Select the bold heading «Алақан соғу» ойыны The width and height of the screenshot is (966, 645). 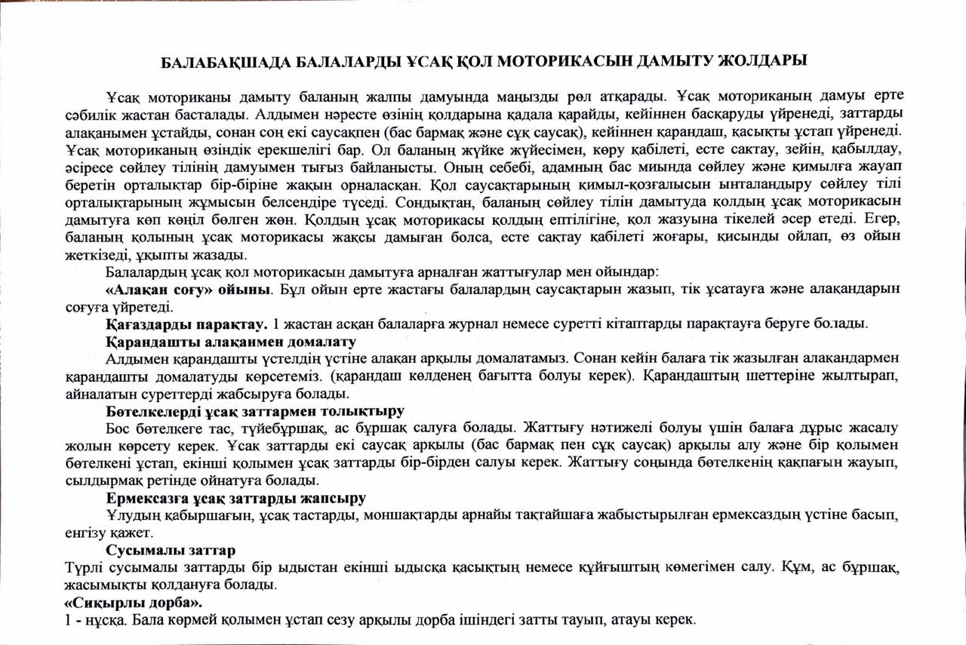coord(189,290)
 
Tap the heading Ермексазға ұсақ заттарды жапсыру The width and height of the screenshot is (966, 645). coord(235,498)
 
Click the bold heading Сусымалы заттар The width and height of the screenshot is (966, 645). coord(171,550)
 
